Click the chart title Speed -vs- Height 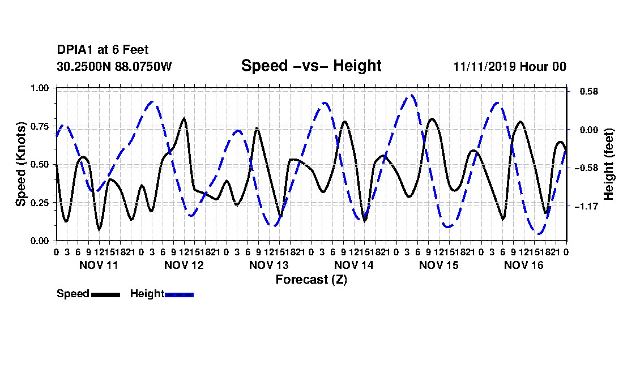click(x=311, y=66)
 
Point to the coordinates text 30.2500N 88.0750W click(x=114, y=66)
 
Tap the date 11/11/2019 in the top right click(x=484, y=66)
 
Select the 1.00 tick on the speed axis click(x=40, y=88)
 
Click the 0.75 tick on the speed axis click(x=40, y=126)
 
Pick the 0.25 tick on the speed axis click(x=40, y=203)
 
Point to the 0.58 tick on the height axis click(x=589, y=91)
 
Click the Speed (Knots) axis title click(x=20, y=164)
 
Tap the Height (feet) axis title click(x=609, y=164)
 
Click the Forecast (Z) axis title click(x=311, y=280)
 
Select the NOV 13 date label click(x=269, y=265)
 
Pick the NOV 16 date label click(x=524, y=265)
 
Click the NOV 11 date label click(x=99, y=265)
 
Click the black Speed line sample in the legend click(x=106, y=294)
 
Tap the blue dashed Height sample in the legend click(x=179, y=294)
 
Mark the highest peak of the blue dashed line click(x=411, y=95)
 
